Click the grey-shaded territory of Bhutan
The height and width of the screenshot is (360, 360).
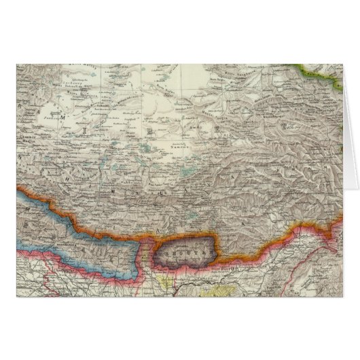click(185, 255)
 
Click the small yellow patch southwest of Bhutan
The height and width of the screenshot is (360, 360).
click(166, 276)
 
